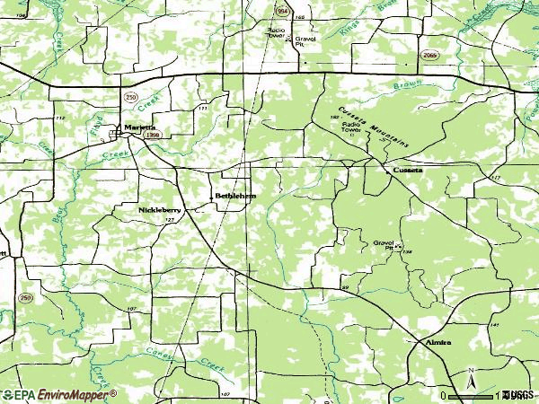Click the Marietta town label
coord(139,127)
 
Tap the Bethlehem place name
coord(235,195)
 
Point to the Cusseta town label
coord(407,170)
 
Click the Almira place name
coord(437,342)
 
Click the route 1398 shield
coord(153,135)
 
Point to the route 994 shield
coord(282,11)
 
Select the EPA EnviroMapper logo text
coord(59,394)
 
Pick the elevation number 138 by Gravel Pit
coord(407,252)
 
